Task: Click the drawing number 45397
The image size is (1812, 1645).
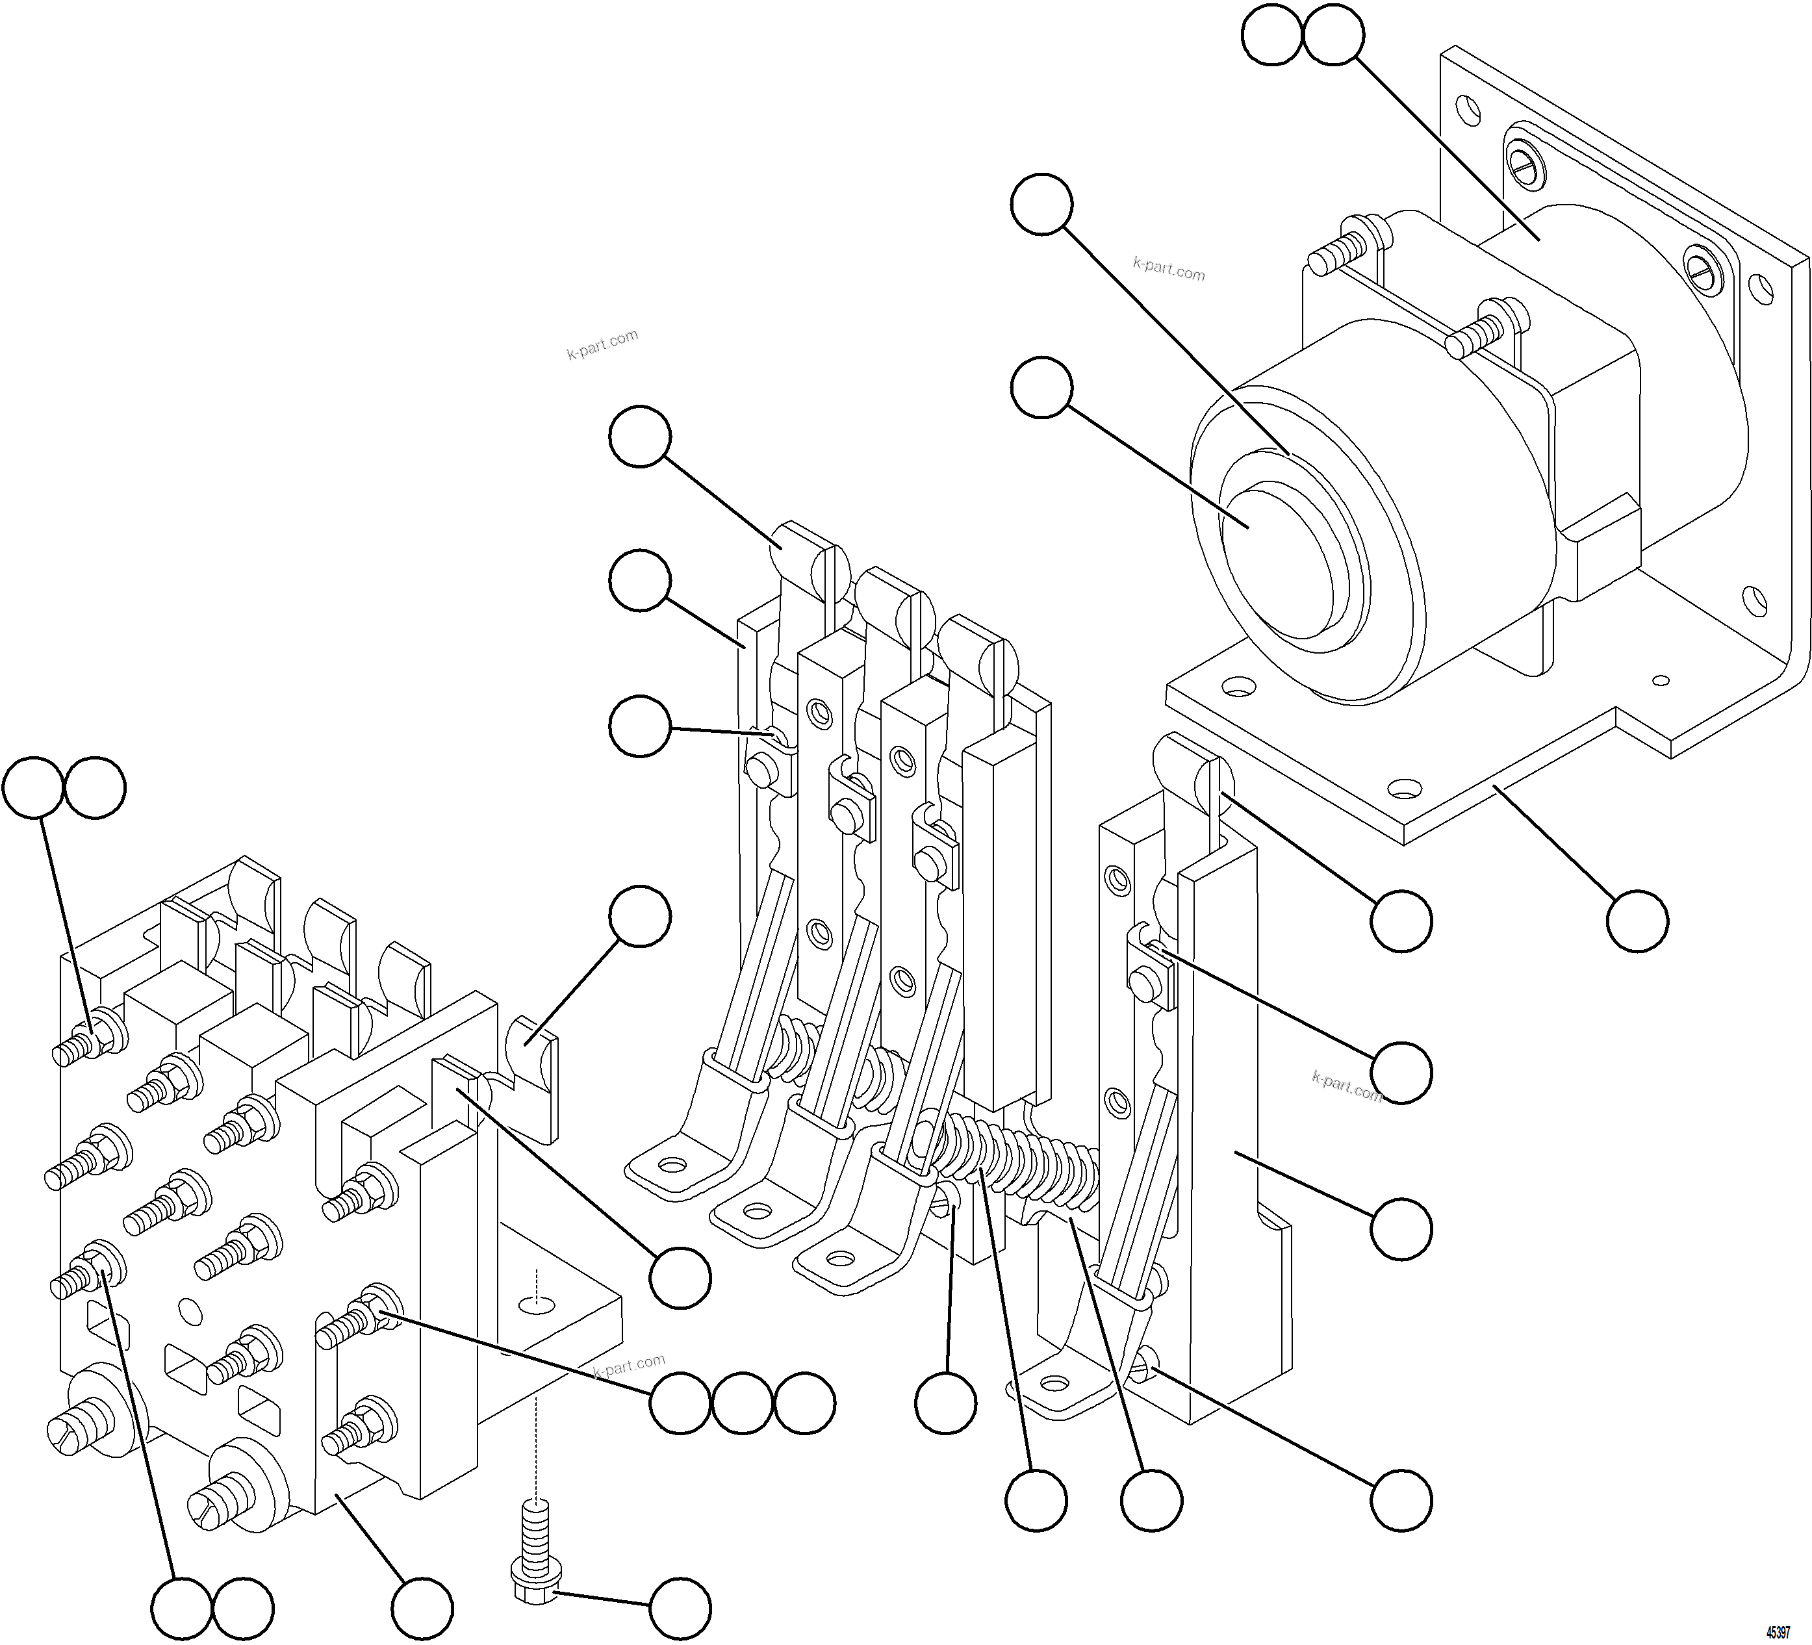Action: click(x=1777, y=1631)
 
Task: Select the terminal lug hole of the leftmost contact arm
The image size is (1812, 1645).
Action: click(x=669, y=1166)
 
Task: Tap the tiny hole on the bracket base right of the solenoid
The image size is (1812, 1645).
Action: click(x=1662, y=680)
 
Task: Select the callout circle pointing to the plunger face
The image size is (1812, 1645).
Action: click(x=1041, y=389)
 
